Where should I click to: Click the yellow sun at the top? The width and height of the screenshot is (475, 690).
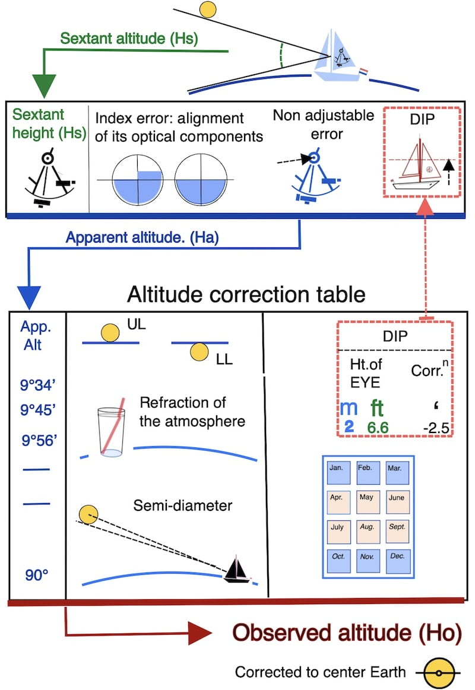click(207, 9)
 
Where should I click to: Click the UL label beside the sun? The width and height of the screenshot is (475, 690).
click(135, 326)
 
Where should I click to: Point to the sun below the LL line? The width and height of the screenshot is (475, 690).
click(197, 354)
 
